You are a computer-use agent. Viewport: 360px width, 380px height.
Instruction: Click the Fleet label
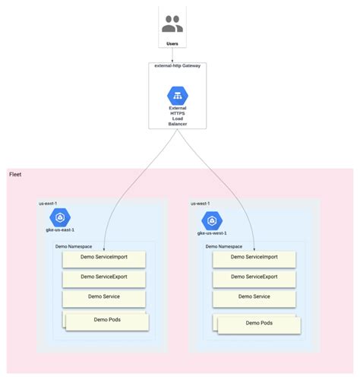pos(15,176)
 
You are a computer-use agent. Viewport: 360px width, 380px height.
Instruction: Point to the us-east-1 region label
pos(49,204)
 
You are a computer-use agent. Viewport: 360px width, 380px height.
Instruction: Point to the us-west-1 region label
pos(201,204)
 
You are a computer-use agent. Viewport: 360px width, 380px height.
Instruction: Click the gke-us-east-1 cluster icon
pos(60,217)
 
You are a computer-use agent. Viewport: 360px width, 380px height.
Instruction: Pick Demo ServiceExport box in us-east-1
pos(105,277)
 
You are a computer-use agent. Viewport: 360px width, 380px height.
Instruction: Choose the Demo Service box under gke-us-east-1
pos(105,297)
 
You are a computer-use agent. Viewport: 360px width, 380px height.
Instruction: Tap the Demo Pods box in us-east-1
pos(106,320)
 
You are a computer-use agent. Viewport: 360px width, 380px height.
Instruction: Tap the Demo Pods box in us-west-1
pos(257,322)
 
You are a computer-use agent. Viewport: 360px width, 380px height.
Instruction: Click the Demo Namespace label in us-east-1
pos(74,246)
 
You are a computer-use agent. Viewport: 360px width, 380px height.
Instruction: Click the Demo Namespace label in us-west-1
pos(224,246)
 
